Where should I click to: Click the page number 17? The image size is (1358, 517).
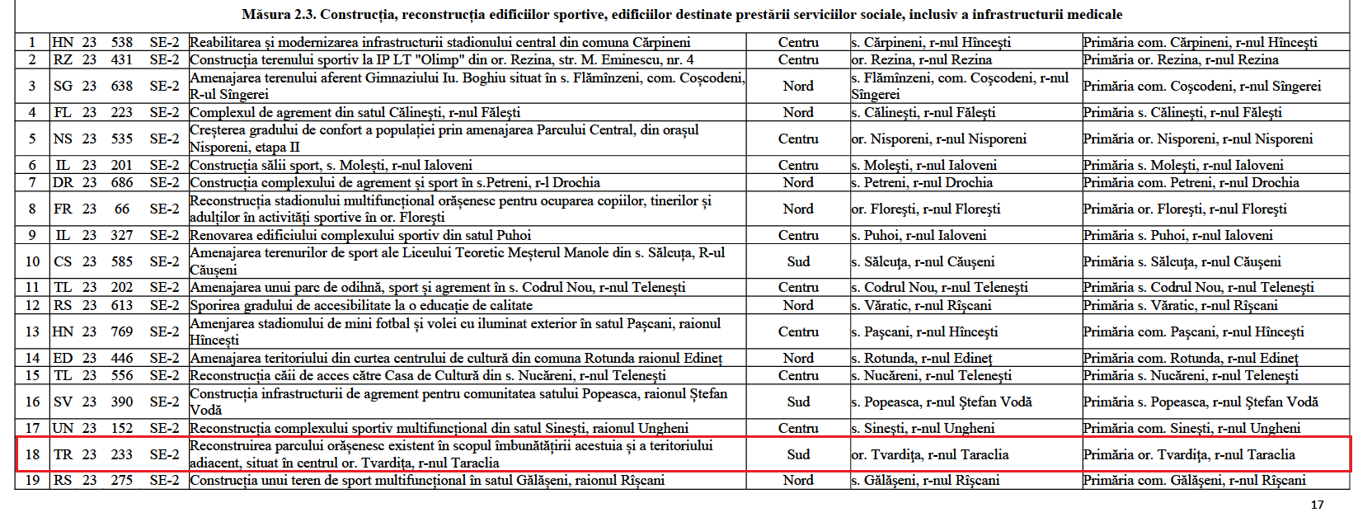(1317, 505)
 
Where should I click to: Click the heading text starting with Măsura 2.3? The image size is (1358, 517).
(682, 15)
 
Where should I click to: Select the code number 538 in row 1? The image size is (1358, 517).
(122, 42)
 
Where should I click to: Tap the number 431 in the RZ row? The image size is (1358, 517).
(122, 59)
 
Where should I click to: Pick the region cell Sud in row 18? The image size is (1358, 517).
(798, 454)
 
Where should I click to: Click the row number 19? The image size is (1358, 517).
(32, 480)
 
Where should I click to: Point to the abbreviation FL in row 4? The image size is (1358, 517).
(63, 112)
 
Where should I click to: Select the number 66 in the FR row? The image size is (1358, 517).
(122, 209)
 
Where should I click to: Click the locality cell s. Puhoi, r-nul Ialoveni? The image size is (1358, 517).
(919, 235)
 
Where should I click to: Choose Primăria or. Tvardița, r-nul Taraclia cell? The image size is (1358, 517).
(1189, 454)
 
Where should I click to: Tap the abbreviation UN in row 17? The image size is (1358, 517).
(63, 428)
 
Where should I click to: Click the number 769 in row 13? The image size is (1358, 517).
(122, 331)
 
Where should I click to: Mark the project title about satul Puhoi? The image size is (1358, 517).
(360, 235)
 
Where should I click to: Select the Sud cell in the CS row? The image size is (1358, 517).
(798, 261)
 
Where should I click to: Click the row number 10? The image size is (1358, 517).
(32, 261)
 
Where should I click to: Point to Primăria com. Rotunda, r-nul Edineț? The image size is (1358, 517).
(1191, 358)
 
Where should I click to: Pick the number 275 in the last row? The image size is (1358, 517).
(122, 480)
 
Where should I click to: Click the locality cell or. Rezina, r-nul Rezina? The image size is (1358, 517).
(921, 59)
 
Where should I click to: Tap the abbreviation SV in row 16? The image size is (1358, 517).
(63, 402)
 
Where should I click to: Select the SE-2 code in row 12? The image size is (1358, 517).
(164, 305)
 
